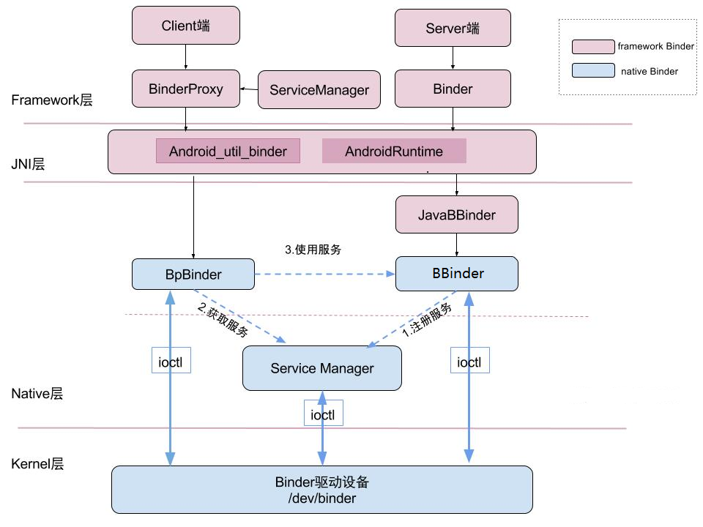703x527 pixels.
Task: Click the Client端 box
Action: coord(185,26)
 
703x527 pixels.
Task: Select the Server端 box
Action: coord(453,29)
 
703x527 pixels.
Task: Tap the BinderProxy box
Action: coord(185,89)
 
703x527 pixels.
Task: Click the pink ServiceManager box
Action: coord(319,90)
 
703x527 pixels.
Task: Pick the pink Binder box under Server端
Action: coord(453,89)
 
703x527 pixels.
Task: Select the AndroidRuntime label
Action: coord(394,152)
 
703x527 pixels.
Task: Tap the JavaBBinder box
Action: coord(457,215)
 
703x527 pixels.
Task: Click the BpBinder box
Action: coord(193,274)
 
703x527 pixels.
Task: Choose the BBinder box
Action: coord(457,274)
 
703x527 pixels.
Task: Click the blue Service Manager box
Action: coord(322,367)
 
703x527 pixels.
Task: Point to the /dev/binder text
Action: coord(322,498)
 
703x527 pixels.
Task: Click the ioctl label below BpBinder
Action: coord(171,361)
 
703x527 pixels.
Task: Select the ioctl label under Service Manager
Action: coord(324,414)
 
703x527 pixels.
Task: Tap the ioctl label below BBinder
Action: coord(469,361)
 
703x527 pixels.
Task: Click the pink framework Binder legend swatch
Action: coord(593,47)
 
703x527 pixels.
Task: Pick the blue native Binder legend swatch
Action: coord(593,71)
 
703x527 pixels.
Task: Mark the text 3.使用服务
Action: coord(313,250)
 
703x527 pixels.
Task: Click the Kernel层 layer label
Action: coord(38,463)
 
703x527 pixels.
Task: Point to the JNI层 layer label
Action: coord(28,165)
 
